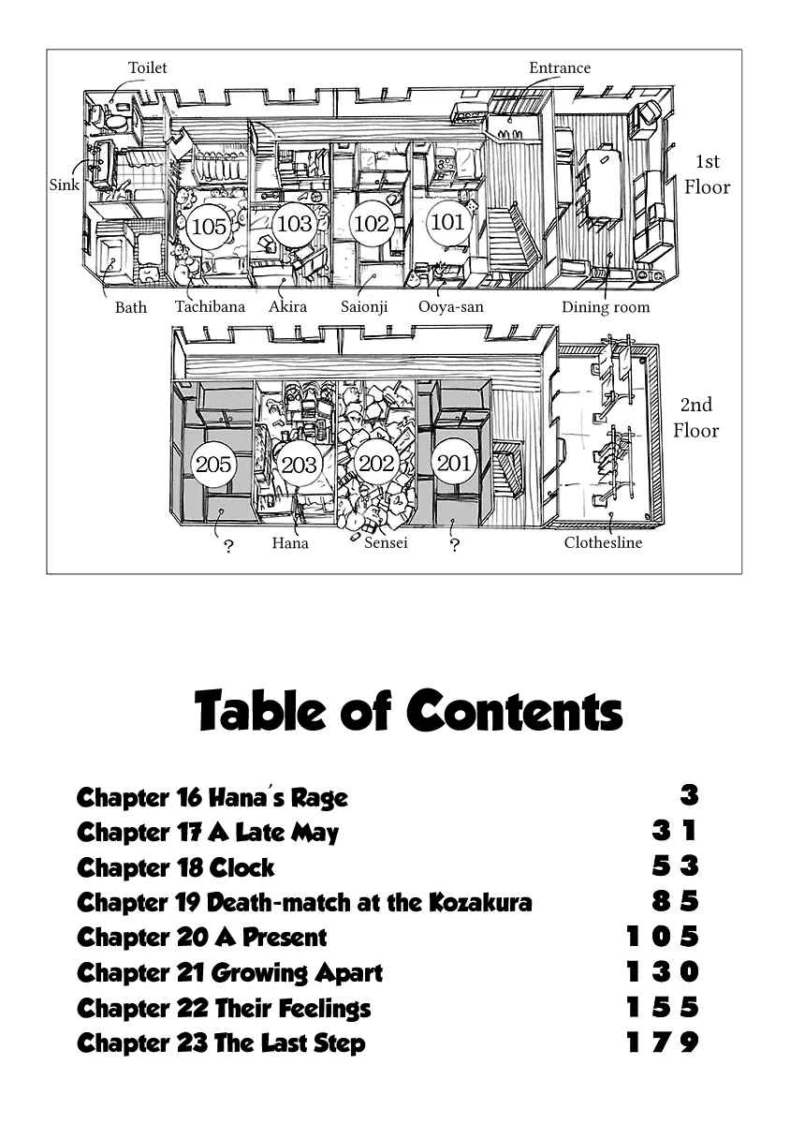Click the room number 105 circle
click(209, 227)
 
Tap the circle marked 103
click(294, 224)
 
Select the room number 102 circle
click(372, 224)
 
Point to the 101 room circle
click(447, 221)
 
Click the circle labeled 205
click(213, 465)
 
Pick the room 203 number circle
click(299, 465)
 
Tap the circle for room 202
click(376, 463)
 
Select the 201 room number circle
click(453, 463)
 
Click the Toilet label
click(148, 67)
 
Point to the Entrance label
click(560, 67)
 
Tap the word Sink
click(65, 185)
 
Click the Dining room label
click(606, 306)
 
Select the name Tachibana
click(211, 306)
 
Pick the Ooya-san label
click(451, 306)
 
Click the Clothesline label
click(603, 542)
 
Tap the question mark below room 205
click(228, 546)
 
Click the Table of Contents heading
click(408, 709)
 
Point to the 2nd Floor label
click(695, 418)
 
